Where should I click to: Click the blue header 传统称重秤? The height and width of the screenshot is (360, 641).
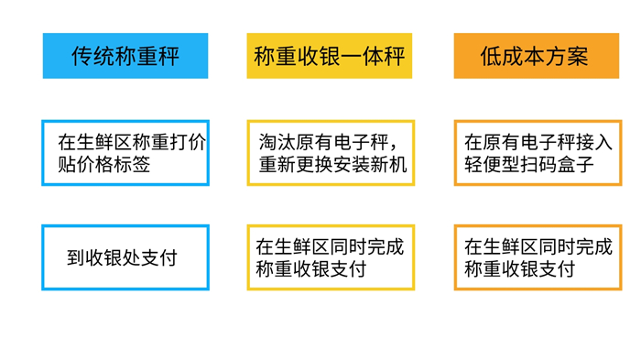pyautogui.click(x=125, y=56)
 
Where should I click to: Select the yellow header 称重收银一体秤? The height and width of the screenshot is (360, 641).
pyautogui.click(x=330, y=56)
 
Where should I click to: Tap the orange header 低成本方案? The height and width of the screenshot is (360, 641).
pyautogui.click(x=537, y=56)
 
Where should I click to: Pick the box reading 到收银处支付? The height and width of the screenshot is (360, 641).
pyautogui.click(x=125, y=257)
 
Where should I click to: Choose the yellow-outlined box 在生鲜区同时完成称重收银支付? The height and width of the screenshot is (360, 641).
pyautogui.click(x=331, y=257)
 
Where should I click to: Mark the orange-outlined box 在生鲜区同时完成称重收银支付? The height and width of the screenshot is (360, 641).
pyautogui.click(x=538, y=257)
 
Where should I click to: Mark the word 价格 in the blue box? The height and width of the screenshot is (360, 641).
pyautogui.click(x=95, y=165)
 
